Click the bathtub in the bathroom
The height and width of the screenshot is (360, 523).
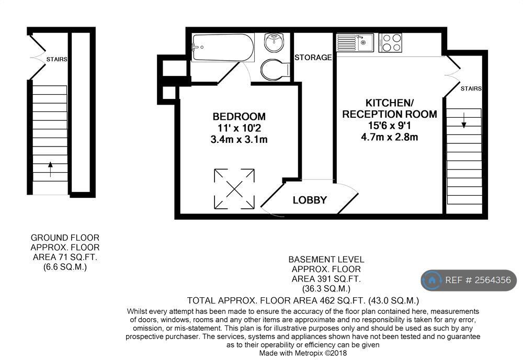[223, 48]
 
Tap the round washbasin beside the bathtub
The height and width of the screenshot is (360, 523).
[274, 43]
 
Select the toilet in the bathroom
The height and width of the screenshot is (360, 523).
[276, 70]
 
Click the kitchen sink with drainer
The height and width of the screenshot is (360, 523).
[355, 43]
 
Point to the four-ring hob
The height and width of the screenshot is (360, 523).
[390, 43]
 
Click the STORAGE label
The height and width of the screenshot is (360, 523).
[313, 58]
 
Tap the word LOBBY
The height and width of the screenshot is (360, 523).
[310, 200]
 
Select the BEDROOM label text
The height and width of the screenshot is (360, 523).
[239, 117]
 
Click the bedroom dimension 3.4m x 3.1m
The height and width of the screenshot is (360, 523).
[239, 140]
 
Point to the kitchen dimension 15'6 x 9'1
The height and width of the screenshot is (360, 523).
[390, 126]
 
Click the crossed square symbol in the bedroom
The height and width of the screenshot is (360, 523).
[234, 189]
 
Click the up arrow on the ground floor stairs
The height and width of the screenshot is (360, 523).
[50, 169]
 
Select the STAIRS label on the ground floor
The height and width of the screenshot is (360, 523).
[56, 59]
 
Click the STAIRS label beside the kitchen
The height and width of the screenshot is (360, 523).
[471, 88]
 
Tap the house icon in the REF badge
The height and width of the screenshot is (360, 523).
[433, 280]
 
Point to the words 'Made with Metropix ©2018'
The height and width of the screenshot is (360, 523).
[303, 353]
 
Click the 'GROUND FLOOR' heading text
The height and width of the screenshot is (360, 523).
[65, 238]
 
